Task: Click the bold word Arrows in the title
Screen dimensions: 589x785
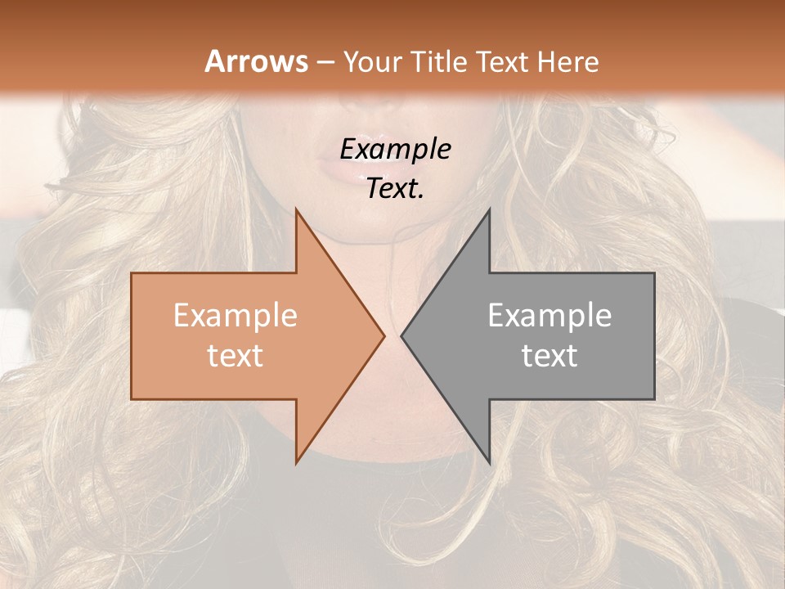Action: click(257, 61)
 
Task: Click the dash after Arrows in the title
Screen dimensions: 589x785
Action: click(325, 62)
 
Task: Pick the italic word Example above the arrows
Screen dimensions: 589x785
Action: click(395, 149)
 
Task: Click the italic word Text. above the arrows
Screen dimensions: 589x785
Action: click(395, 188)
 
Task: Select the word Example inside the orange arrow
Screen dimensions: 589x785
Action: click(235, 316)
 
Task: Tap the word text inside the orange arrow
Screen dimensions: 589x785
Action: click(235, 356)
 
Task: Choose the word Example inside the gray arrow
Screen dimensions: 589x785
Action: click(549, 316)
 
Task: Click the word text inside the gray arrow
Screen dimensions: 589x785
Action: click(549, 356)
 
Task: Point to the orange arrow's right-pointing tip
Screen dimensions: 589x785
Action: click(383, 336)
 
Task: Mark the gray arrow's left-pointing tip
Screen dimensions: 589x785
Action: click(403, 336)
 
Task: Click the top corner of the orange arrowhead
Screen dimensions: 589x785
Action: click(297, 211)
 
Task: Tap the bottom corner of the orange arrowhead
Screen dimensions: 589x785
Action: click(297, 461)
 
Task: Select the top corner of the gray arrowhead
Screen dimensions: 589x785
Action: click(489, 211)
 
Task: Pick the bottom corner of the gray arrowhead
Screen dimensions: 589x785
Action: click(489, 461)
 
